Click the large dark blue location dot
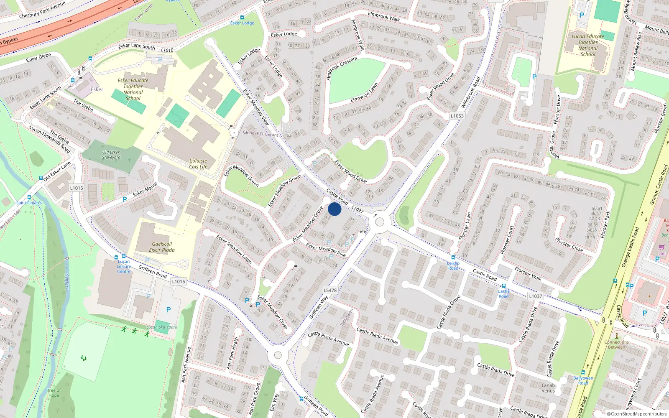[x=334, y=209]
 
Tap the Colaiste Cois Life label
[x=198, y=163]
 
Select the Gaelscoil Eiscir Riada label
[x=162, y=247]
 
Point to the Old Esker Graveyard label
[x=111, y=155]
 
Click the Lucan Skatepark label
[x=162, y=327]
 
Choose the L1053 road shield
[x=457, y=116]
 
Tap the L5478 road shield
[x=330, y=290]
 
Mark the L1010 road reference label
[x=167, y=50]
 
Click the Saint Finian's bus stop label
[x=29, y=203]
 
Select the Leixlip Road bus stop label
[x=453, y=265]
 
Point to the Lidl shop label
[x=662, y=254]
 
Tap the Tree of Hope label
[x=54, y=393]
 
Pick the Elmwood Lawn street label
[x=364, y=93]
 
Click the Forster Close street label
[x=569, y=245]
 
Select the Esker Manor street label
[x=145, y=189]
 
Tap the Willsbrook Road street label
[x=470, y=92]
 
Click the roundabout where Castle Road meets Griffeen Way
[x=380, y=222]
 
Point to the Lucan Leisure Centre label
[x=124, y=266]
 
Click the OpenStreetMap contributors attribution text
[x=636, y=414]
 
